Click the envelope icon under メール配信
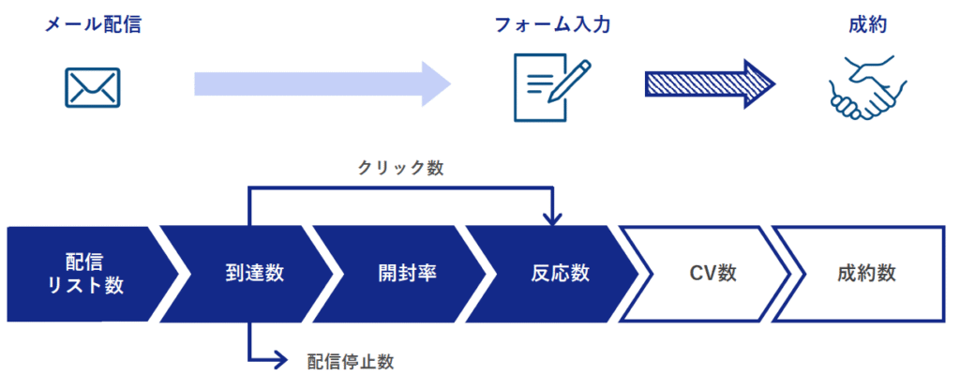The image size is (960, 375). click(93, 87)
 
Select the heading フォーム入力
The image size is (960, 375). click(553, 25)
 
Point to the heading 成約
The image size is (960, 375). click(867, 25)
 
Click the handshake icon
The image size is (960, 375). click(867, 87)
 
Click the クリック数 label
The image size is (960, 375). click(400, 169)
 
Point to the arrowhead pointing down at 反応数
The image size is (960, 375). click(553, 219)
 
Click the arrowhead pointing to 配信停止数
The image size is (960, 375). click(277, 358)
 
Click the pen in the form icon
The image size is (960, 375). click(574, 78)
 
